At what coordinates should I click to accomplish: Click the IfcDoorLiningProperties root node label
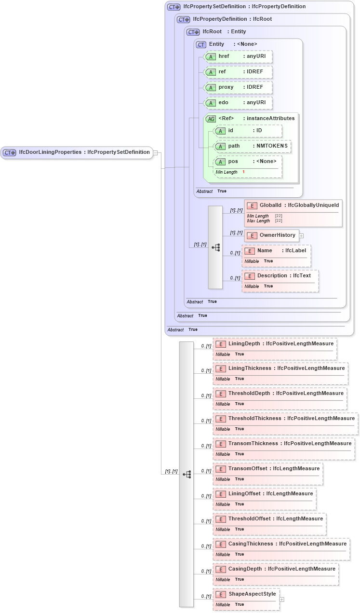(x=84, y=152)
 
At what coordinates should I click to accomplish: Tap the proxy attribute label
(x=226, y=87)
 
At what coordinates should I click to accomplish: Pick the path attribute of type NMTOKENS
(x=253, y=146)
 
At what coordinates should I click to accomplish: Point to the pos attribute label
(x=233, y=162)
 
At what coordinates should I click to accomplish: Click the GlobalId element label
(x=270, y=206)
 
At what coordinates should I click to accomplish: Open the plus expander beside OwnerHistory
(x=302, y=236)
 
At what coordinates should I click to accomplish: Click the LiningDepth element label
(x=244, y=344)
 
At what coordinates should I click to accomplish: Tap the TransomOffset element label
(x=248, y=469)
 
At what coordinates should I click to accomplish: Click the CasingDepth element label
(x=245, y=569)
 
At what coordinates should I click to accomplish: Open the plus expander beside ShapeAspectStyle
(x=282, y=599)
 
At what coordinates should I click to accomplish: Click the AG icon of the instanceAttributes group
(x=211, y=119)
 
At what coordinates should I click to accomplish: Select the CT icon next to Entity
(x=201, y=44)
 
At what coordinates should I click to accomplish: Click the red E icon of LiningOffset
(x=221, y=494)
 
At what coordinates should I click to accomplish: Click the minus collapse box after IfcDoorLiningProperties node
(x=156, y=152)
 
